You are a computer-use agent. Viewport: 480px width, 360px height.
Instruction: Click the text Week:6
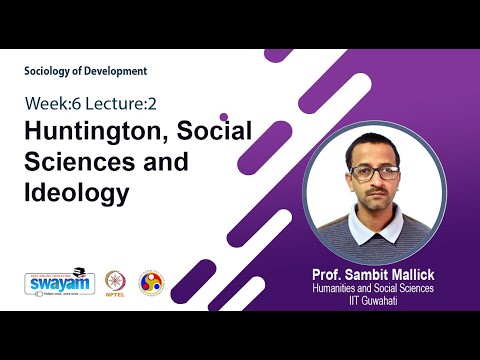(51, 103)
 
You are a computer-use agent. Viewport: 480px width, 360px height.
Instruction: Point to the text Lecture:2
(119, 103)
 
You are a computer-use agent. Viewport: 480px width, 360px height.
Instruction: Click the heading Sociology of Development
(86, 71)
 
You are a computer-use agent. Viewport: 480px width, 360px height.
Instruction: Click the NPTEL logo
(116, 283)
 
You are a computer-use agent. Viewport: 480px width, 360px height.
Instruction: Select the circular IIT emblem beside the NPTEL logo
(150, 282)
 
